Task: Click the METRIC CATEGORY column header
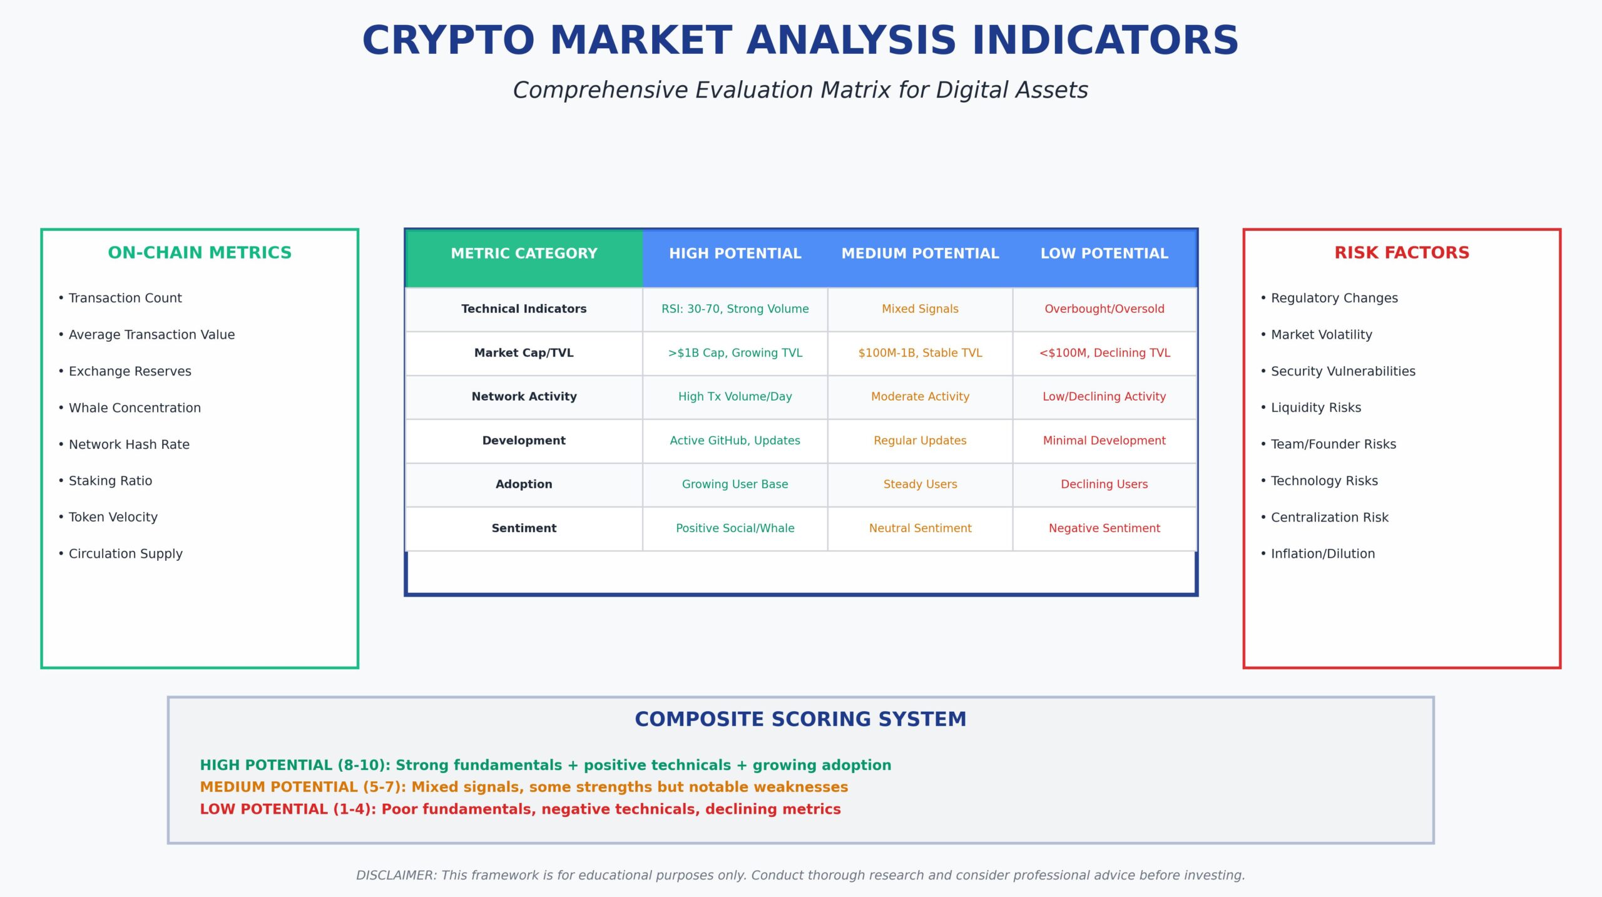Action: tap(524, 254)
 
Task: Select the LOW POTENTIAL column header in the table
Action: tap(1104, 254)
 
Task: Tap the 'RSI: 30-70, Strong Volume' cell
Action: tap(735, 309)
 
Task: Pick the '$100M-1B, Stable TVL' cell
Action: tap(920, 352)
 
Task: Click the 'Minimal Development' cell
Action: tap(1104, 440)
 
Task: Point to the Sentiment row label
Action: tap(524, 528)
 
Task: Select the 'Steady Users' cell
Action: tap(920, 484)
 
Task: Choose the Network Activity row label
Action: tap(524, 396)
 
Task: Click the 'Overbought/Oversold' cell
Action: tap(1104, 309)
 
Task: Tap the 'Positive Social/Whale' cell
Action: tap(735, 528)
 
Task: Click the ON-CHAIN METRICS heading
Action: tap(200, 252)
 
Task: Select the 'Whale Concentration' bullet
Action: tap(130, 407)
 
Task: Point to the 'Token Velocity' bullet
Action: tap(108, 517)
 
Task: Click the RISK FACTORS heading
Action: tap(1402, 252)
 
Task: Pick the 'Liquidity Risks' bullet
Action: tap(1311, 407)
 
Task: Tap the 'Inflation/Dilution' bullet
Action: tap(1318, 553)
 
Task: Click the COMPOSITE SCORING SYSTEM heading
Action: tap(800, 719)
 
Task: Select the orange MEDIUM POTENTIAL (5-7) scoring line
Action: tap(524, 787)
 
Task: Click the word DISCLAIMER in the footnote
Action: tap(396, 875)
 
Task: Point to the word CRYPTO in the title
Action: tap(448, 41)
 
